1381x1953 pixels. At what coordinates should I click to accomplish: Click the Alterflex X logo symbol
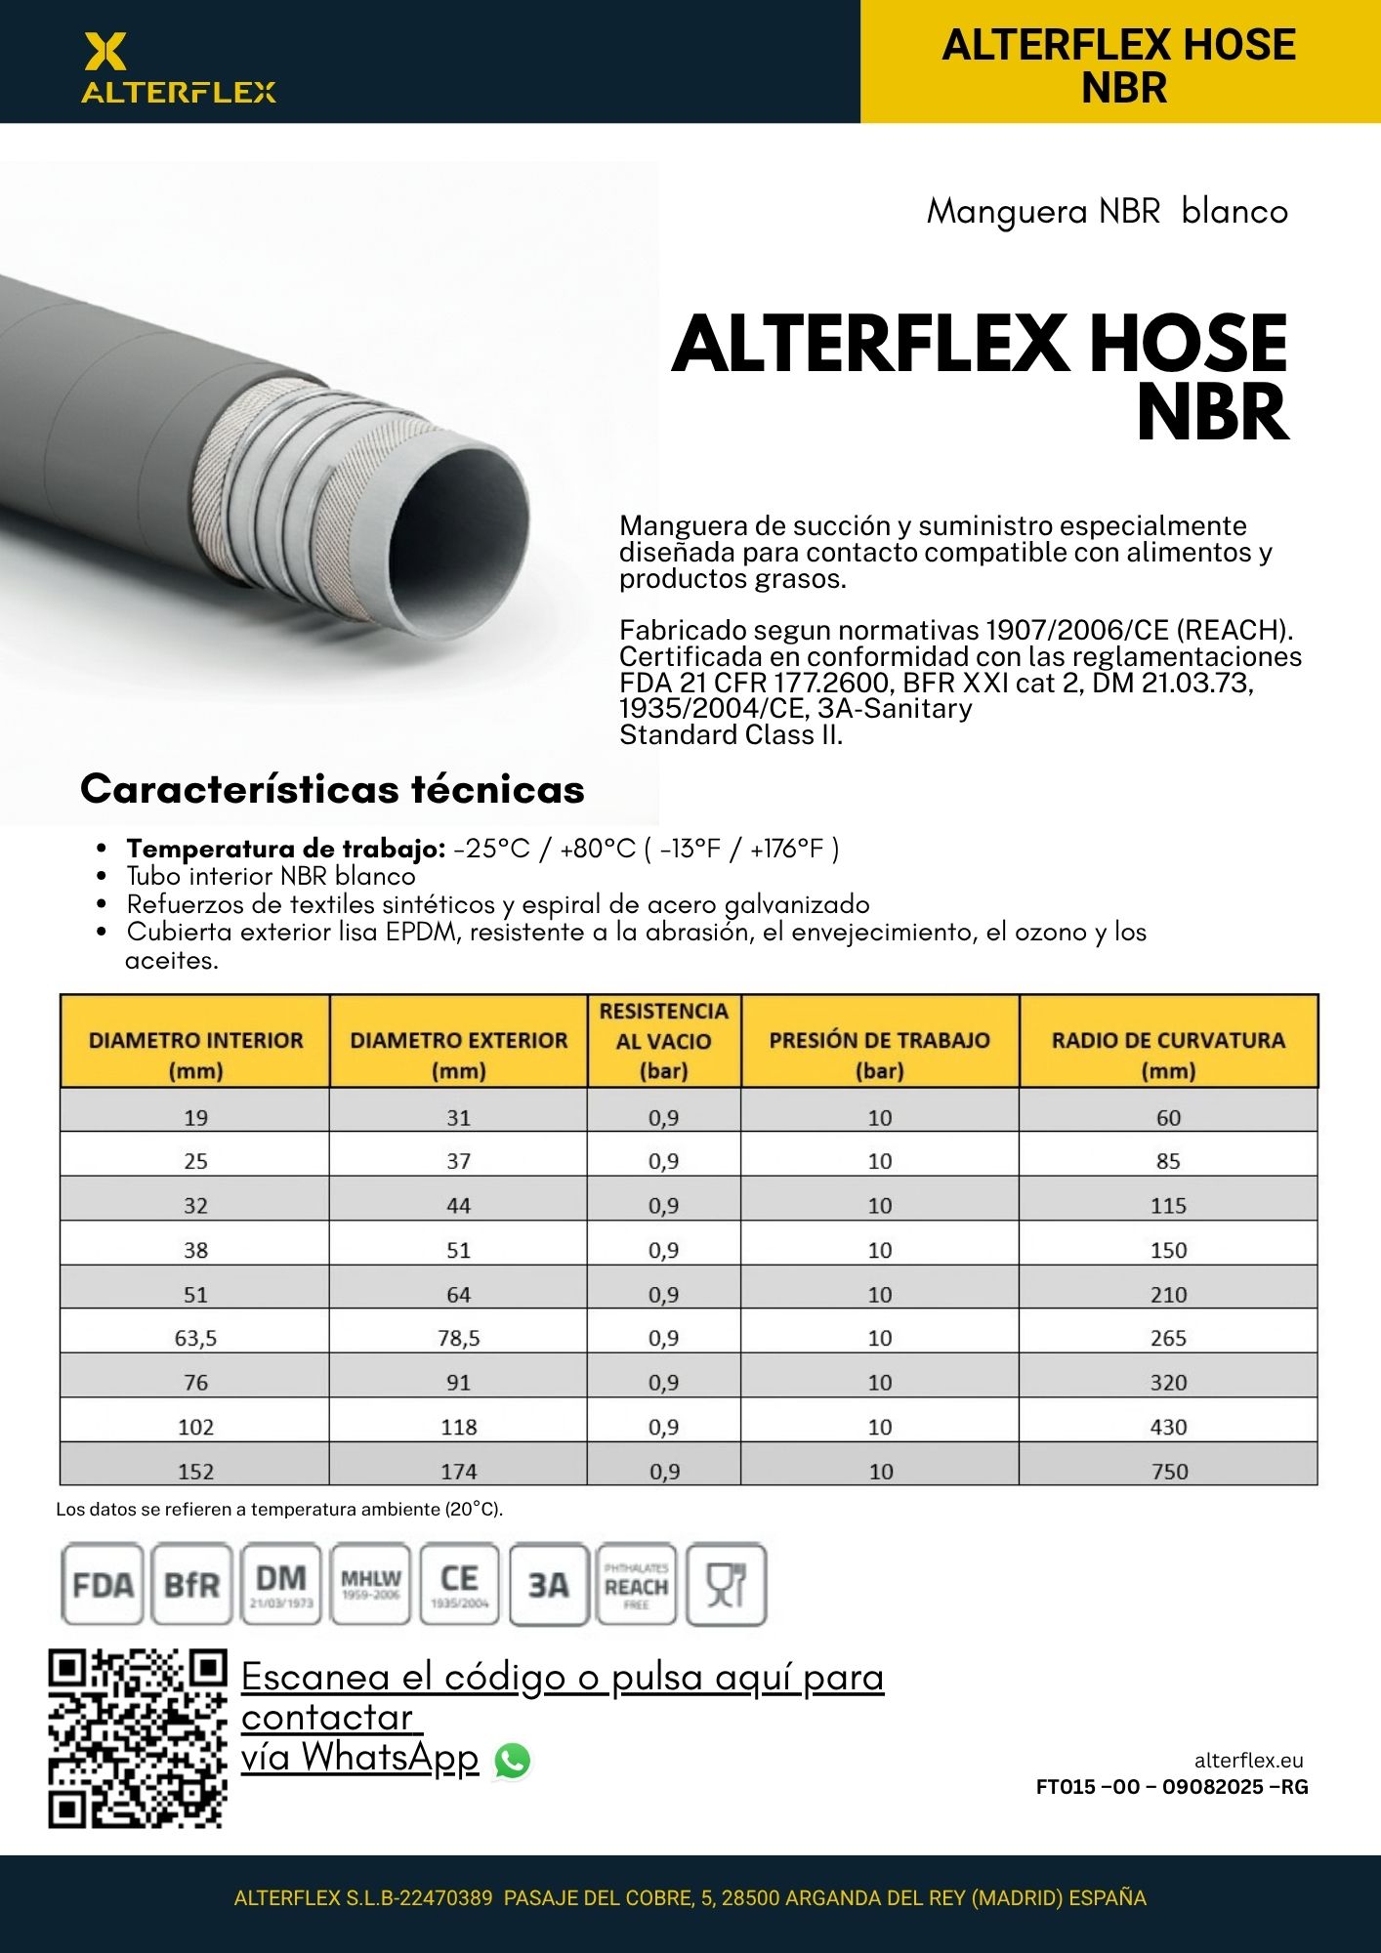coord(105,51)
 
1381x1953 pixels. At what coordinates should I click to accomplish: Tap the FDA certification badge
coord(102,1584)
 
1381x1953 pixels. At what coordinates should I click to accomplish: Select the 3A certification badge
coord(549,1584)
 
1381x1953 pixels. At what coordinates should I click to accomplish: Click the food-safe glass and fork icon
coord(727,1584)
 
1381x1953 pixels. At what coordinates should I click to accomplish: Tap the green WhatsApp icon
coord(513,1761)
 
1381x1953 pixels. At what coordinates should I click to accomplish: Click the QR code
coord(138,1739)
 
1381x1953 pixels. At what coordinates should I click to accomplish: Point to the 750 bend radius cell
coord(1169,1471)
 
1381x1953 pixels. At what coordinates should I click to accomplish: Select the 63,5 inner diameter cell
coord(195,1338)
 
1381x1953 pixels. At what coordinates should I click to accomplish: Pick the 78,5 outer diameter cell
coord(459,1338)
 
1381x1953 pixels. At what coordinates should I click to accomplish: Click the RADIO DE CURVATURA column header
coord(1168,1054)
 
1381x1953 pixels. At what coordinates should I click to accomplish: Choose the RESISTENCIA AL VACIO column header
coord(664,1040)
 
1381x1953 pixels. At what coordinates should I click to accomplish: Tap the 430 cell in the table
coord(1169,1427)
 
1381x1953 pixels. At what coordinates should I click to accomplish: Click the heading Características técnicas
coord(332,789)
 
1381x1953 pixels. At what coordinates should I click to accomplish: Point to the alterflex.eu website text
coord(1248,1761)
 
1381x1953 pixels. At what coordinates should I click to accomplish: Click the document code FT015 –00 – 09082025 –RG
coord(1172,1787)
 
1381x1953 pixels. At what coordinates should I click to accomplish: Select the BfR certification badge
coord(191,1584)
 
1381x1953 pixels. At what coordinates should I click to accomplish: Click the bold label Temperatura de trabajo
coord(286,849)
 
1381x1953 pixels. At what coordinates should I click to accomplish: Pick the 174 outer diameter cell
coord(459,1471)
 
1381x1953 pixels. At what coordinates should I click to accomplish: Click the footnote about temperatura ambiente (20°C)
coord(279,1510)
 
